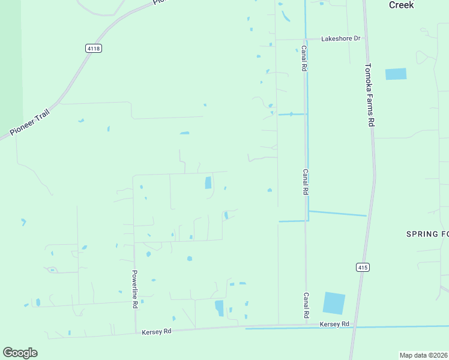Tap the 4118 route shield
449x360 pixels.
(93, 49)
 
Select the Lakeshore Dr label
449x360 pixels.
(340, 38)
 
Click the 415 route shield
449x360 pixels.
(362, 267)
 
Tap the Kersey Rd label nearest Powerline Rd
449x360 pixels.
(157, 331)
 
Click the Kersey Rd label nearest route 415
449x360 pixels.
(334, 324)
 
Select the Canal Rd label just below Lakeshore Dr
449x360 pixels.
(304, 59)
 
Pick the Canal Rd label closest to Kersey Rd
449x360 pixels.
(306, 305)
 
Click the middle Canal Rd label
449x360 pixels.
(305, 181)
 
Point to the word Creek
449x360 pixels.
(401, 5)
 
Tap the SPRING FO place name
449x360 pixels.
(427, 233)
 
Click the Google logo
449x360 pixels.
(20, 353)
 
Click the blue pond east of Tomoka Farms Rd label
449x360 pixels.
(396, 74)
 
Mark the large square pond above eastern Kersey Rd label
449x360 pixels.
(334, 303)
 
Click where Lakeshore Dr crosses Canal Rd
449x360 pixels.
(305, 39)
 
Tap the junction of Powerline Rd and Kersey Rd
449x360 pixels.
(136, 333)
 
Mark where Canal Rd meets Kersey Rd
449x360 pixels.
(306, 326)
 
